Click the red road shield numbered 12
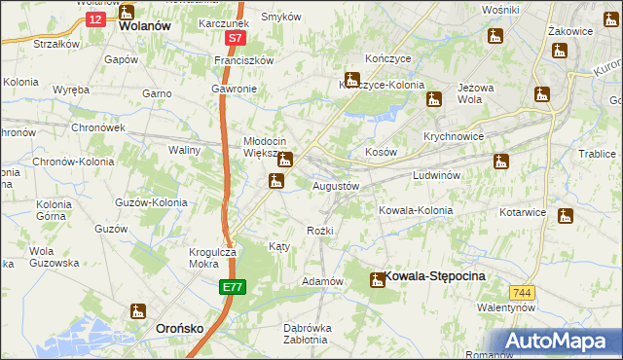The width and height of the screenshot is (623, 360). pos(93,18)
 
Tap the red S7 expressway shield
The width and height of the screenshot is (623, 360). pos(235,39)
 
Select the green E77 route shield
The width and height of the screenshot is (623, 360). pos(232,288)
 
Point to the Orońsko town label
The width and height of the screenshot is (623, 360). pos(180,329)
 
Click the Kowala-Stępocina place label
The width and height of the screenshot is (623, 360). pos(434,276)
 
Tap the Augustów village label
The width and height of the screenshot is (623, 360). pos(336,185)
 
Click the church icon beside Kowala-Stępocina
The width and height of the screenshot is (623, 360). pos(377,280)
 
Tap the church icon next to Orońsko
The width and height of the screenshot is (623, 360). pos(137,312)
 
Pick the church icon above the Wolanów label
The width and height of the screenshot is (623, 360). pos(127,13)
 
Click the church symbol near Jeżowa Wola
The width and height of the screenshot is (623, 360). pos(434,97)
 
